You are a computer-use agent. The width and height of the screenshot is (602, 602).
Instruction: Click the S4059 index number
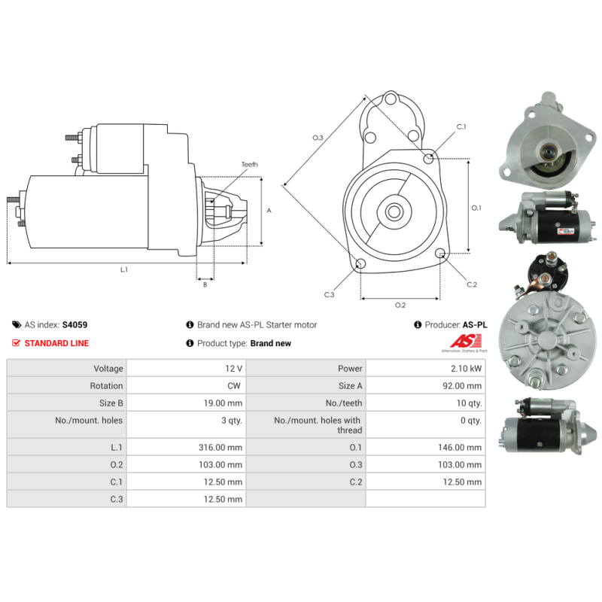click(74, 325)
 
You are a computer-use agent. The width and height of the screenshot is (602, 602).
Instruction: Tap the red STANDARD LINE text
click(56, 343)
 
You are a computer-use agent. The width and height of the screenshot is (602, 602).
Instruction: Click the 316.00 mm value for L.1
click(220, 447)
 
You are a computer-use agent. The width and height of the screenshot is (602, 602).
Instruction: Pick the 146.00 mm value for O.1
click(460, 447)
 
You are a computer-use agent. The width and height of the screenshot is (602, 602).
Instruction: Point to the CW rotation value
click(234, 386)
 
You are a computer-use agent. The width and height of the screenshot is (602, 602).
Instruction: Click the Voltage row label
click(108, 369)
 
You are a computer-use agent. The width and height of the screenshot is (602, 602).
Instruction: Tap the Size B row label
click(111, 403)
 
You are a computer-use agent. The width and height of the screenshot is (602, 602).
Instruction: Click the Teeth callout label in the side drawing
click(250, 164)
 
